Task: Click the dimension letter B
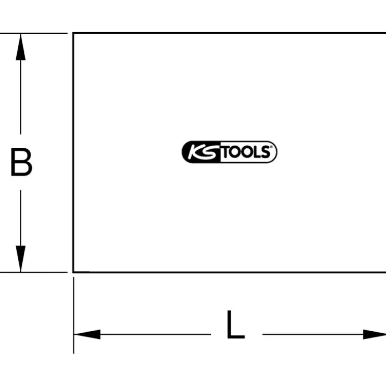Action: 21,162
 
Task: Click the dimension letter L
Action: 236,324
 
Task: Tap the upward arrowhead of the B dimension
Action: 20,47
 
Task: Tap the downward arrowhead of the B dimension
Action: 20,258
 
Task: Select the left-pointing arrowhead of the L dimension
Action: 87,334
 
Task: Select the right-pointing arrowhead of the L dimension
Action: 375,334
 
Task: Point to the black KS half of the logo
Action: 201,152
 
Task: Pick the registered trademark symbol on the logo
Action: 271,147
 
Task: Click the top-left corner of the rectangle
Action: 73,33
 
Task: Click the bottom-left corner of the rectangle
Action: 73,272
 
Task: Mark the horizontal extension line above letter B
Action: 34,33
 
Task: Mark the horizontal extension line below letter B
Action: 34,272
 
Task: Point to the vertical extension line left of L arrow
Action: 73,315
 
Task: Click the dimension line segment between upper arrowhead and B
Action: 20,97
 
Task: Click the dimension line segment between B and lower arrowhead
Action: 20,218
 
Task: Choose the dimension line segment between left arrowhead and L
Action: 155,334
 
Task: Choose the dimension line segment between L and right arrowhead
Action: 313,334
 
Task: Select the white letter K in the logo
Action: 195,152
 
